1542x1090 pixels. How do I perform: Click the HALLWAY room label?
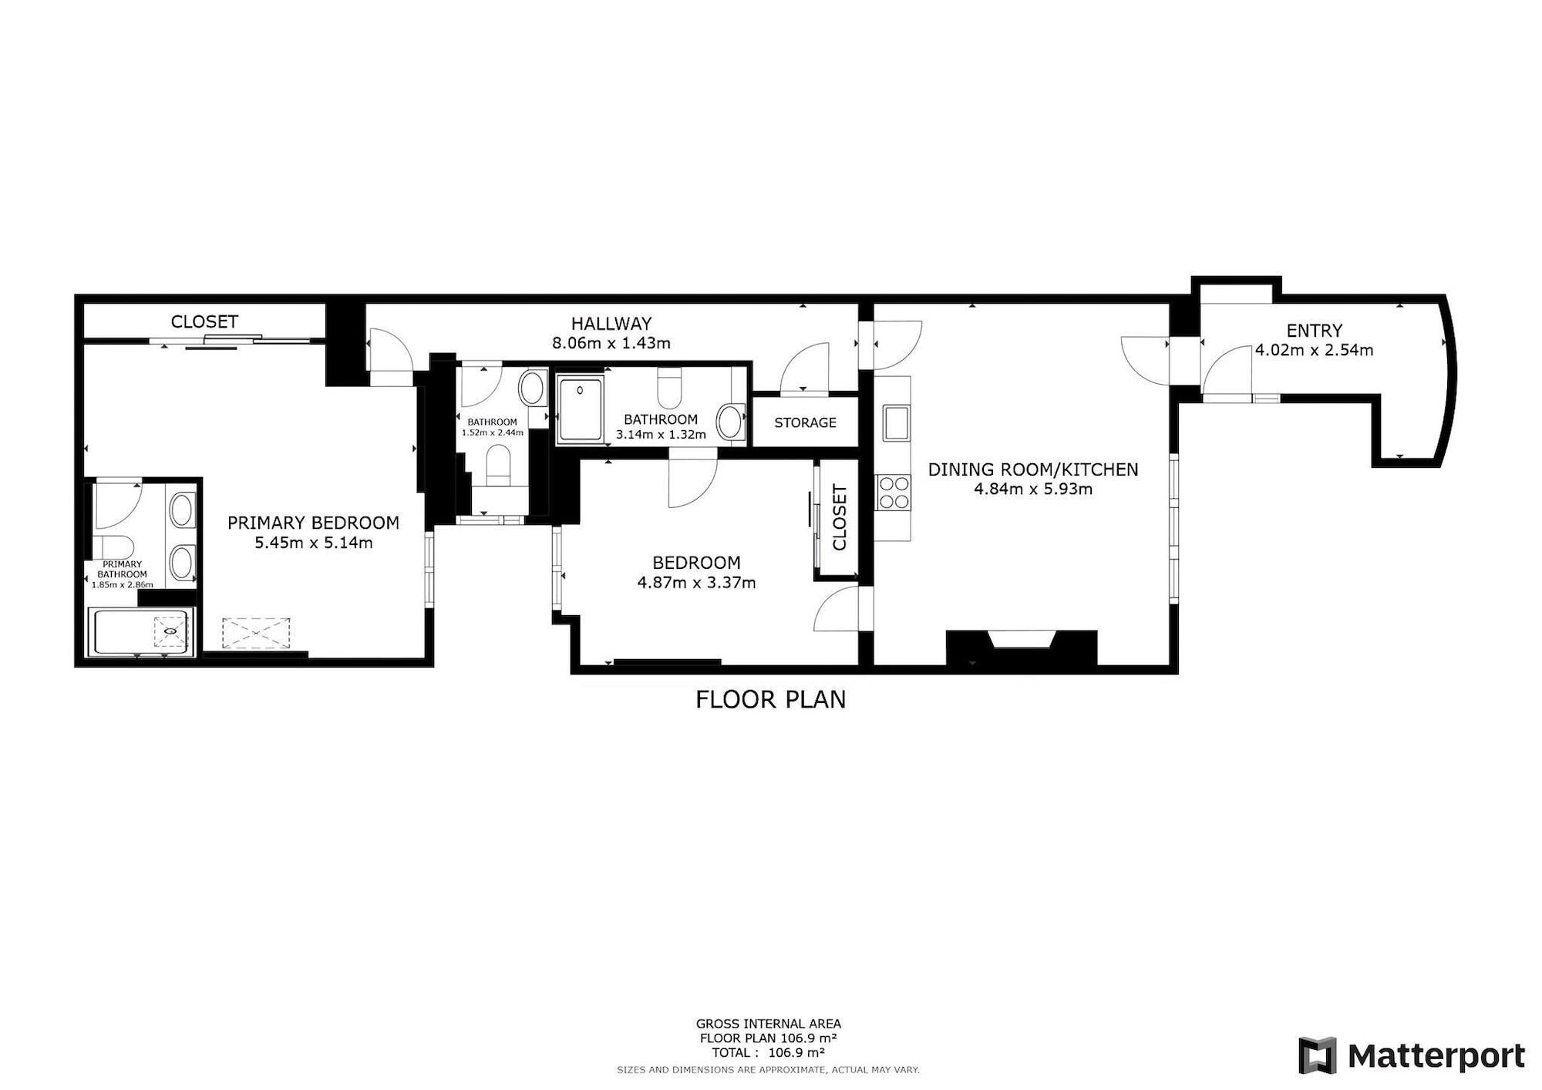611,323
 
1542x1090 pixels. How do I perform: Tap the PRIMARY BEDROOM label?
313,523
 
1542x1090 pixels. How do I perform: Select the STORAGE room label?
805,422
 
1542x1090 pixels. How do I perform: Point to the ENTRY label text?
1315,331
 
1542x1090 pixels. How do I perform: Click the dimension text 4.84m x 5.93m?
1033,489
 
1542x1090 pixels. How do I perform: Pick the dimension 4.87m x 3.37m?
696,583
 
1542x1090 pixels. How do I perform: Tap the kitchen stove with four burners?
894,493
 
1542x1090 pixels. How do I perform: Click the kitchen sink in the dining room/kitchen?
896,423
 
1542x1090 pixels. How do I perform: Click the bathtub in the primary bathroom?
140,632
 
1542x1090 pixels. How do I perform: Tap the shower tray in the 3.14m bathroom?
581,410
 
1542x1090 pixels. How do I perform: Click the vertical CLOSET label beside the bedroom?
840,517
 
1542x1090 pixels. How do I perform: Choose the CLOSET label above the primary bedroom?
204,321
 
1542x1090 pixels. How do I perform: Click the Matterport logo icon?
1317,1055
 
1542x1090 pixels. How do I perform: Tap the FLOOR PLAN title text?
771,699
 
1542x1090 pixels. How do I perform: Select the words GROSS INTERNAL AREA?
769,1024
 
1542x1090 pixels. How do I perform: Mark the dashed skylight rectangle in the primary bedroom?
257,633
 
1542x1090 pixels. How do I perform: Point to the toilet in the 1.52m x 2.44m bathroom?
498,466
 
